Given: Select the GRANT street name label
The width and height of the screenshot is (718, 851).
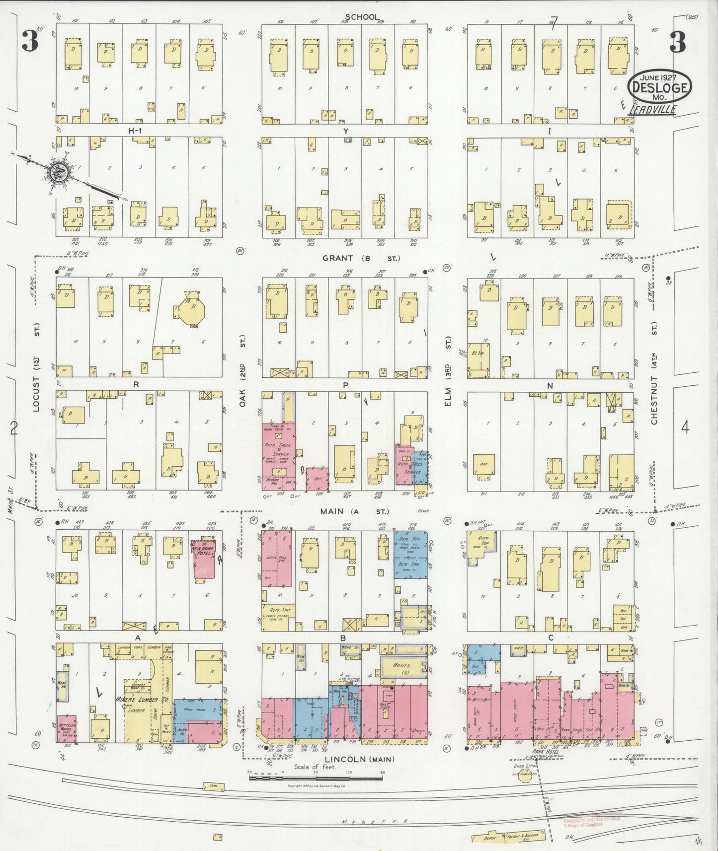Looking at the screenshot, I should pos(338,258).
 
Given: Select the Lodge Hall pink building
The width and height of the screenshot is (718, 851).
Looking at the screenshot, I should pos(277,559).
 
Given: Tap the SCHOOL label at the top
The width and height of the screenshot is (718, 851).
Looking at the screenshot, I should pos(362,17).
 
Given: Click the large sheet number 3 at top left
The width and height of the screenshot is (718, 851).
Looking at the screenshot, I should pos(29,42).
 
